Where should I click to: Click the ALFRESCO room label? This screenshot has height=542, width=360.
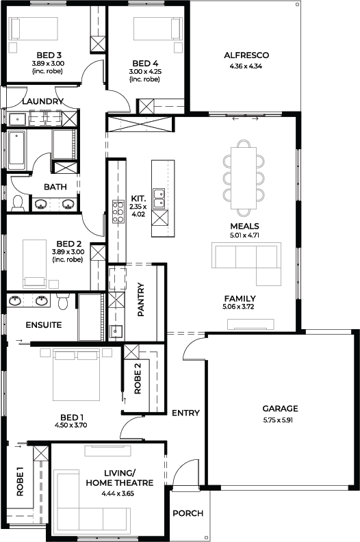246,55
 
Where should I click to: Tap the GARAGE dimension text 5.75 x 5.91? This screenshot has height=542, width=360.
280,420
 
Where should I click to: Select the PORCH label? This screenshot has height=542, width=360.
188,513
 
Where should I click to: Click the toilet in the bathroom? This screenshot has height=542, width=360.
17,203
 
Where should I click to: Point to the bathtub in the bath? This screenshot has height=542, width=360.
17,150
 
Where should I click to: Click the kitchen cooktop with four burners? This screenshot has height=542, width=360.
118,211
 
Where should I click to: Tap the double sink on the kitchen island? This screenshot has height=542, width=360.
159,198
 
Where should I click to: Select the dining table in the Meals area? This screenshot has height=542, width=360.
244,178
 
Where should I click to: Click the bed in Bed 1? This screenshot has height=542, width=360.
76,374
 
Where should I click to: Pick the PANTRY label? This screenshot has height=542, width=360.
141,299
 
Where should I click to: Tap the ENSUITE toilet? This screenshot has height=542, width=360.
62,302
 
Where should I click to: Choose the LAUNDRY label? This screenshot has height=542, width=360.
43,101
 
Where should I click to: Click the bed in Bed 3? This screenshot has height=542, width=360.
34,29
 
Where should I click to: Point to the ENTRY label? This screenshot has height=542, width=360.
185,413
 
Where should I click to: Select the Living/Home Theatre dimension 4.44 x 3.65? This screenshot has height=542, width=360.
118,493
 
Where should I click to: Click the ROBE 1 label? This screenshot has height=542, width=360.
20,482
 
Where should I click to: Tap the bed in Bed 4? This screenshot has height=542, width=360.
157,29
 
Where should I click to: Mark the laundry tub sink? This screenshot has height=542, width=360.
16,119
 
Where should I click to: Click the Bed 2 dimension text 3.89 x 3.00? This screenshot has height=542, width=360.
68,252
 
